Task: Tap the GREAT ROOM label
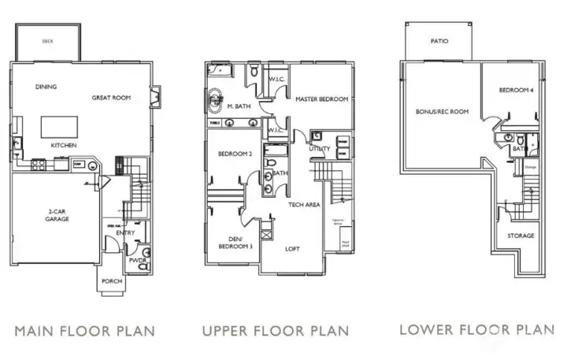coord(111,98)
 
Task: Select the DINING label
coord(46,87)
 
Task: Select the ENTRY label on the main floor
coord(124,232)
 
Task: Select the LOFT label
coord(292,248)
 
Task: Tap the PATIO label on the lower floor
coord(439,41)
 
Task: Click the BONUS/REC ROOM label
coord(442,112)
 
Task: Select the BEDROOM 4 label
coord(516,91)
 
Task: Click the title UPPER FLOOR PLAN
coord(275,331)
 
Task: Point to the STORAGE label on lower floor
coord(521,236)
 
